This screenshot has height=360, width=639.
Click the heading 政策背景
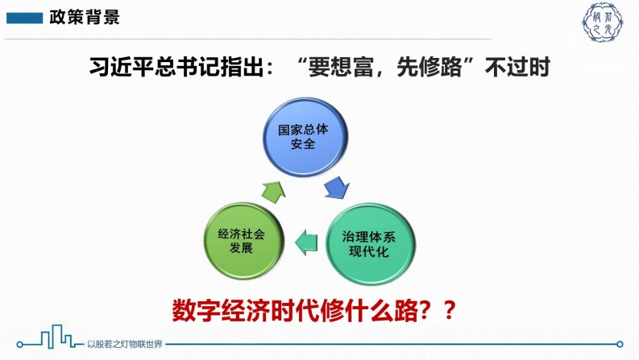pos(85,18)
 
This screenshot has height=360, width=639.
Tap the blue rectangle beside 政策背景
pos(24,19)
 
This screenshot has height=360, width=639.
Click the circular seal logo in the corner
pos(602,23)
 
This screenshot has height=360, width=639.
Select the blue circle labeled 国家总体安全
pos(305,137)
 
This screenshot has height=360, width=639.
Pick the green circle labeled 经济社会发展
pos(243,241)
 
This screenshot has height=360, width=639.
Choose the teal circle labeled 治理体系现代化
pos(370,244)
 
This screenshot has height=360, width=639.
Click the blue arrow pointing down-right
pos(338,188)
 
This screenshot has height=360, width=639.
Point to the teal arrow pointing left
pos(306,242)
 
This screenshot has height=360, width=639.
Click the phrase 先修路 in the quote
pos(429,67)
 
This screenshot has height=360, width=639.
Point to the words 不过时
pos(517,67)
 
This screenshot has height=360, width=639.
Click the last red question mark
pos(449,310)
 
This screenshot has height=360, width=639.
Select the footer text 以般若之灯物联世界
pos(124,344)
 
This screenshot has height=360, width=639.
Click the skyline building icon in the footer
pos(57,337)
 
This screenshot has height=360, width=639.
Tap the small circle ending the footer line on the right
pos(620,344)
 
